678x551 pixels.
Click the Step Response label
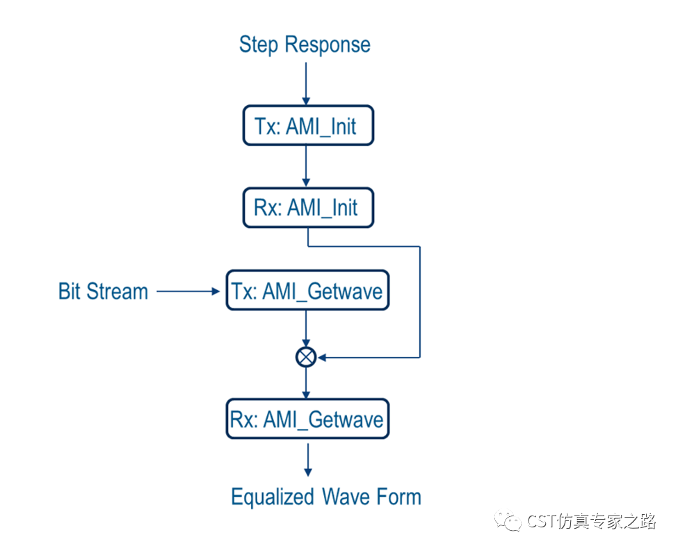click(x=305, y=45)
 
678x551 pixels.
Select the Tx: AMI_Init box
click(x=308, y=125)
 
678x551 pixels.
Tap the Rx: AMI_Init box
click(x=308, y=207)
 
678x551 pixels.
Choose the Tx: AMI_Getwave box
click(x=307, y=290)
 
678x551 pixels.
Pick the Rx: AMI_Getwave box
click(x=307, y=419)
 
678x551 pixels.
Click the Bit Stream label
click(x=103, y=291)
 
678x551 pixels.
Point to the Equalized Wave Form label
click(x=326, y=497)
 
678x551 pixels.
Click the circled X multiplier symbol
click(x=306, y=357)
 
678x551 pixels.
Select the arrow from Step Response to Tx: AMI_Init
click(x=306, y=84)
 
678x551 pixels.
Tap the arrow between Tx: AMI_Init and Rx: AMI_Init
click(x=306, y=166)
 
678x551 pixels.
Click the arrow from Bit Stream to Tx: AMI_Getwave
click(x=188, y=292)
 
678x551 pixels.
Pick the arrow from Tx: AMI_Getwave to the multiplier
click(x=306, y=328)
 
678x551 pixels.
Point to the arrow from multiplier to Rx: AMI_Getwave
click(x=306, y=383)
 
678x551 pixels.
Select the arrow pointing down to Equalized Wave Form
click(x=308, y=460)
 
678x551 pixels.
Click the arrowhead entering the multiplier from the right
click(x=322, y=358)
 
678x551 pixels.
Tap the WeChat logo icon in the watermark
click(x=508, y=520)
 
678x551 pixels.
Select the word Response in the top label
click(x=328, y=45)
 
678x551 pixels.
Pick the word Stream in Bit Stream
click(x=118, y=291)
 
